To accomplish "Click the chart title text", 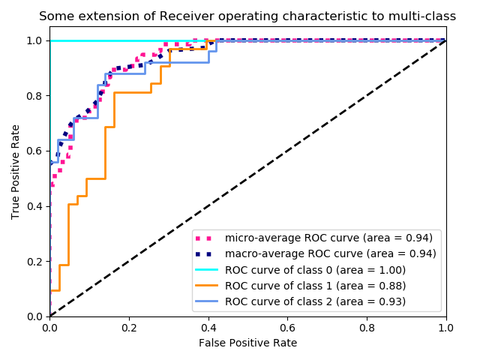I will click(247, 16).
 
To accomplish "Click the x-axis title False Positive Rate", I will click(247, 343).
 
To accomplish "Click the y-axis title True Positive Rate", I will click(16, 172).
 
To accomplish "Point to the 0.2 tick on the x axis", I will click(129, 328).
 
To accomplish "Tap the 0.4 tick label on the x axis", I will click(208, 328).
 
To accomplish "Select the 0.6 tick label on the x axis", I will click(287, 328).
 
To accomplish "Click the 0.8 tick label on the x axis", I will click(367, 328).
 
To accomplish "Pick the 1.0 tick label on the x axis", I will click(446, 328).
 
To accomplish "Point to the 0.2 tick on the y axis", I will click(34, 261).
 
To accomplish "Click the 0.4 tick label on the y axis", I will click(34, 206).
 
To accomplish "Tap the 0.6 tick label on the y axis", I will click(34, 151).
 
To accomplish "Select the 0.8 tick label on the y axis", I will click(34, 96).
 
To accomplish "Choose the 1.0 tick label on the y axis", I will click(34, 40).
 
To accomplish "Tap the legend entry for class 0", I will click(315, 270).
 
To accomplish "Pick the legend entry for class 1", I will click(315, 286).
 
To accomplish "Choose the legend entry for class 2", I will click(315, 301).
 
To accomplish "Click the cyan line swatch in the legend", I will click(208, 270).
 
